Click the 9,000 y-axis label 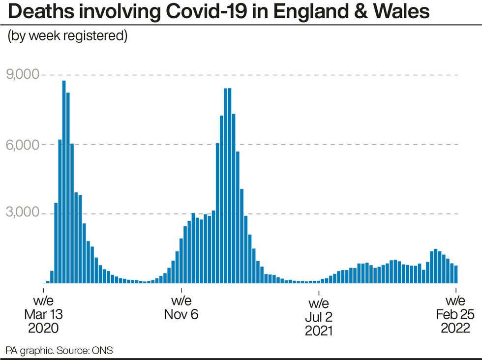coord(22,75)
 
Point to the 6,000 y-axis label coord(22,144)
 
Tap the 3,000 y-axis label coord(22,213)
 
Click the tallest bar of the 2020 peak coord(64,182)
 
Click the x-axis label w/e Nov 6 coord(181,308)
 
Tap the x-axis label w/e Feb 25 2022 coord(455,315)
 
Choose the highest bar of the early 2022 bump coord(436,266)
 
